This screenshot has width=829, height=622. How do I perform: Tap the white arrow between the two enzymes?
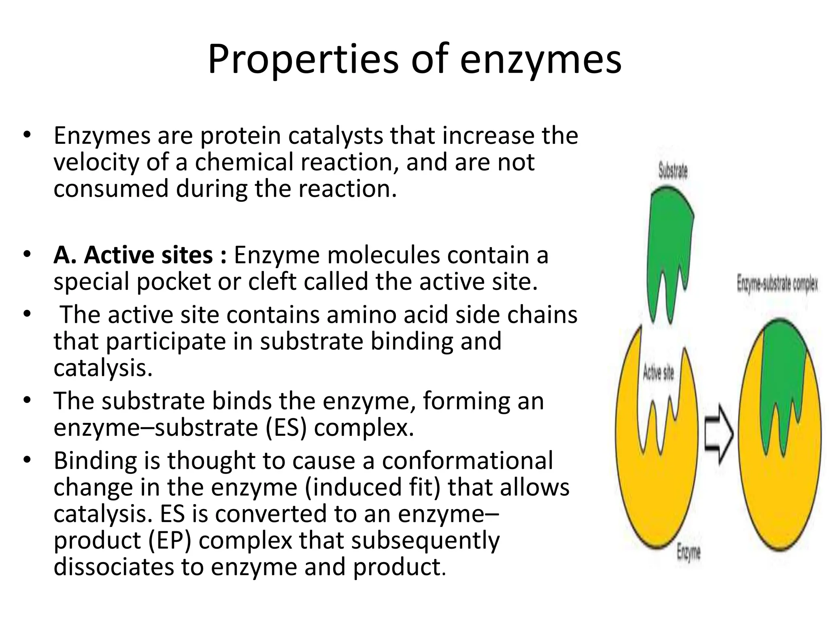tap(719, 434)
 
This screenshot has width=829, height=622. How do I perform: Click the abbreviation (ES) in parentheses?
tap(286, 427)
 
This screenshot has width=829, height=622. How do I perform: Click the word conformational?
tap(467, 461)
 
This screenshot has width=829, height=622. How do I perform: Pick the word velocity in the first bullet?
tap(96, 162)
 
